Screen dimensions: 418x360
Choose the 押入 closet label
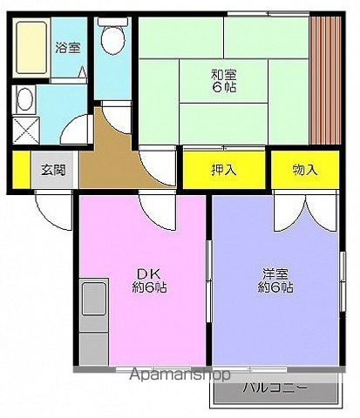224,170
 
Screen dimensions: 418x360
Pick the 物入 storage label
304,170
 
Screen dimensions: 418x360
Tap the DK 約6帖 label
145,279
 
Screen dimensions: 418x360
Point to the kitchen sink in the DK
91,300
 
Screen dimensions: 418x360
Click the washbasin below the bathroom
25,98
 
